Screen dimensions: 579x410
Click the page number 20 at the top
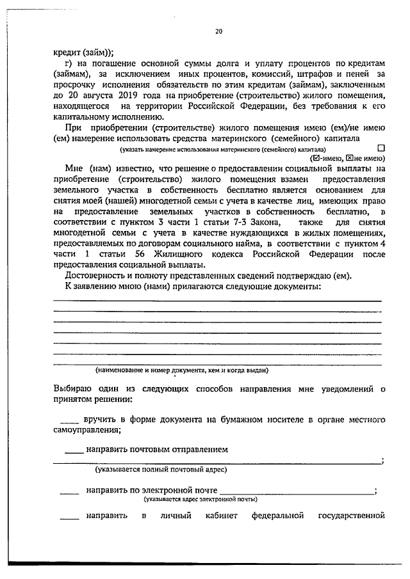[219, 30]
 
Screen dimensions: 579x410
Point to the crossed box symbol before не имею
[348, 157]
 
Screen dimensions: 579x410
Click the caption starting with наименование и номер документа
[181, 370]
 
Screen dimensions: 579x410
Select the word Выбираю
[72, 388]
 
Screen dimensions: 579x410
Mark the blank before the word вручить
[69, 420]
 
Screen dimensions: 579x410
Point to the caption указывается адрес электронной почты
[201, 498]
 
